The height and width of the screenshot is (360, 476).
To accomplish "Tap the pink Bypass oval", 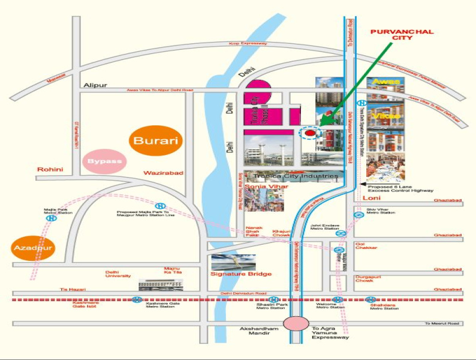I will coord(105,161).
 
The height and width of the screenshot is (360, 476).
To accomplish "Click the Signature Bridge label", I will coord(241,274).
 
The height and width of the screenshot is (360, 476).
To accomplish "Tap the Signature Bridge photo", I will coord(234,262).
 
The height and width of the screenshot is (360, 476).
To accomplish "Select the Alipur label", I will coord(95,85).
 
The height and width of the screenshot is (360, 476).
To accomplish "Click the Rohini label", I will coord(50,169).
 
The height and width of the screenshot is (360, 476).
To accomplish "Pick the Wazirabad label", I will coord(163,173).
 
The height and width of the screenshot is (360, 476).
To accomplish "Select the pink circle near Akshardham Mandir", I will coord(296,323).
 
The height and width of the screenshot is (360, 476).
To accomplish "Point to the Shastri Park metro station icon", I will coord(273,299).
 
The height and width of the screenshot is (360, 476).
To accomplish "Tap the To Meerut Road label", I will coord(442,323).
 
